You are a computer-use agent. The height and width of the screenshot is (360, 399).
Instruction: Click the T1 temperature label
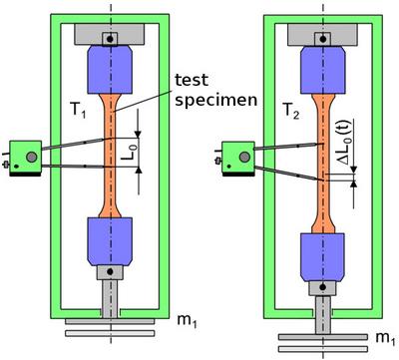[x=79, y=110]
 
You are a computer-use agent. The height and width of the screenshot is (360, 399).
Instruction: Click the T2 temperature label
[x=291, y=111]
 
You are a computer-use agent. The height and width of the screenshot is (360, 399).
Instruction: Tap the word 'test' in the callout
[x=192, y=80]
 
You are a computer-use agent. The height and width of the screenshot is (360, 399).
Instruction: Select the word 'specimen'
[x=216, y=100]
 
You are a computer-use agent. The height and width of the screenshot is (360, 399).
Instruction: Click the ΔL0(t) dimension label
[x=344, y=142]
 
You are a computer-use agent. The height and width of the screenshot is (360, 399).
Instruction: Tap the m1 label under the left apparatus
[x=187, y=320]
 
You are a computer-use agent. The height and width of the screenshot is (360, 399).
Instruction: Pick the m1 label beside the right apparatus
[x=386, y=338]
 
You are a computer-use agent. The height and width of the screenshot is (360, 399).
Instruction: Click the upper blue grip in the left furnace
[x=110, y=70]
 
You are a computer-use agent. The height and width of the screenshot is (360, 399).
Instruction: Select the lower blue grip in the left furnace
[x=110, y=241]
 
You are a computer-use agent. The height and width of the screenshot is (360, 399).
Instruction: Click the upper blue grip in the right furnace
[x=323, y=70]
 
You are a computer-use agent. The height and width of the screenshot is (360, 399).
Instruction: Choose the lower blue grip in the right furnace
[x=323, y=257]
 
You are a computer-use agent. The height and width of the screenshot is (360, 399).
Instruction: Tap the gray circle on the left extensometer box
[x=32, y=157]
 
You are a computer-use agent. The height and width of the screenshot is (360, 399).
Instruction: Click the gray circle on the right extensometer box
[x=244, y=158]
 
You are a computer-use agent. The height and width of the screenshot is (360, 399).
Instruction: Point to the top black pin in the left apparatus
[x=110, y=39]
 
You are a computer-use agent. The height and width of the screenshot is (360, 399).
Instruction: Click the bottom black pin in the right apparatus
[x=323, y=287]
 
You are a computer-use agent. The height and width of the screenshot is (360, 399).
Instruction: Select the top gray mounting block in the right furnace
[x=322, y=34]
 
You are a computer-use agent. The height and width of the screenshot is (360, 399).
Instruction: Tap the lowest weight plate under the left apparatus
[x=110, y=333]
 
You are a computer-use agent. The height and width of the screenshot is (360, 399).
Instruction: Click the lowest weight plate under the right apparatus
[x=323, y=349]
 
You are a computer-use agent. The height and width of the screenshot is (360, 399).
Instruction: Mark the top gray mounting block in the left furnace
[x=110, y=34]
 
